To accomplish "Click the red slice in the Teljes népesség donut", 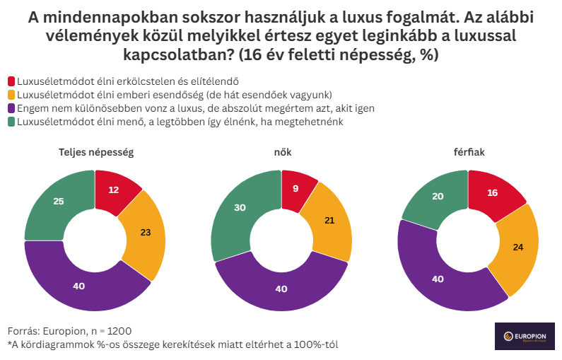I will tap(115, 190).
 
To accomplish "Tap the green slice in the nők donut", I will tap(240, 207).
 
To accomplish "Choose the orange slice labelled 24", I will tap(517, 248).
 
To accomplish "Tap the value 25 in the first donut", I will tap(59, 202).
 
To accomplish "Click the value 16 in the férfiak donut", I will tap(493, 193).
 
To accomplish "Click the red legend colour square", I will tap(11, 81).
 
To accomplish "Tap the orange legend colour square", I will tap(11, 95).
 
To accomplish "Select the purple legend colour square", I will tap(11, 109).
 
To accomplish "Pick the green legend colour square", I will tap(11, 122).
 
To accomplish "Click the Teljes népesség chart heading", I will tap(95, 152).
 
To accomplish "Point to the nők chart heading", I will tap(281, 152).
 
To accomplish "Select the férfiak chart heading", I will tap(468, 152).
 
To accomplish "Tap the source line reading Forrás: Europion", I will tap(69, 331).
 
